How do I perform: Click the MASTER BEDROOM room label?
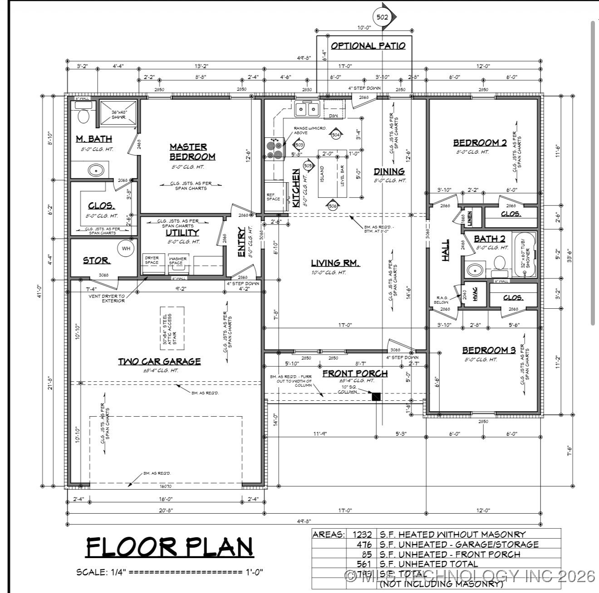pyautogui.click(x=192, y=152)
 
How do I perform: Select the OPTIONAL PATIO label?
pyautogui.click(x=368, y=46)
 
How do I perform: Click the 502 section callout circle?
pyautogui.click(x=381, y=18)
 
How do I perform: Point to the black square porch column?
pyautogui.click(x=376, y=397)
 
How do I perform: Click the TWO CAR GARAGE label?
pyautogui.click(x=159, y=361)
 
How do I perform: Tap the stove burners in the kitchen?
pyautogui.click(x=274, y=149)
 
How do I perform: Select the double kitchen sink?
pyautogui.click(x=307, y=109)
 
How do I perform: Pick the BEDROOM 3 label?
pyautogui.click(x=489, y=350)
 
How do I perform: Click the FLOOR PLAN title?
pyautogui.click(x=169, y=547)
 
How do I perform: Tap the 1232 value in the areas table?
pyautogui.click(x=362, y=535)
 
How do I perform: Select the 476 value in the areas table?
pyautogui.click(x=364, y=544)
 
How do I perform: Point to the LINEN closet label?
pyautogui.click(x=470, y=219)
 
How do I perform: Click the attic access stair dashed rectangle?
pyautogui.click(x=173, y=328)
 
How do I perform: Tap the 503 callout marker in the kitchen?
pyautogui.click(x=299, y=145)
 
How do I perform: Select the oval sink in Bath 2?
pyautogui.click(x=475, y=271)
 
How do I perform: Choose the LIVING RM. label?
pyautogui.click(x=335, y=263)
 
